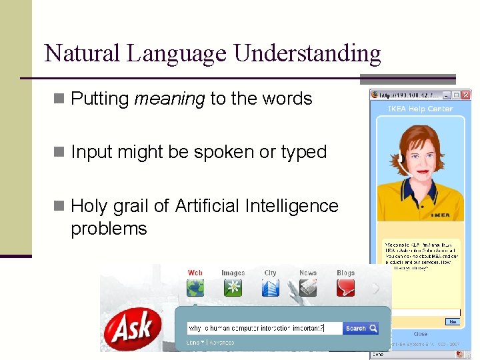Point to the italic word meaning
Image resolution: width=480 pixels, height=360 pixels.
pos(169,99)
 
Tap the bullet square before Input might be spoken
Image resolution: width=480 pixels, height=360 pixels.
pos(59,152)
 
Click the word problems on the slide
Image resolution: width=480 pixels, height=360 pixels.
pos(109,229)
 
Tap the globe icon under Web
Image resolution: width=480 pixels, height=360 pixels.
pos(195,288)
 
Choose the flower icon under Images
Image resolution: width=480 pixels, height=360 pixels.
pos(233,288)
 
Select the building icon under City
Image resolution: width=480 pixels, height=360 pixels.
pos(270,288)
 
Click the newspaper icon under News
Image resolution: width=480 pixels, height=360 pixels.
pos(307,288)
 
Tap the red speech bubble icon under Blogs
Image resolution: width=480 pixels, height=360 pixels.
pos(345,288)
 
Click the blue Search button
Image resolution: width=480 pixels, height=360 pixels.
pos(361,328)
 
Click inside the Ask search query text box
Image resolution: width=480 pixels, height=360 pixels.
pos(264,328)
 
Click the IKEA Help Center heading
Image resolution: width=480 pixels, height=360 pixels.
pos(420,109)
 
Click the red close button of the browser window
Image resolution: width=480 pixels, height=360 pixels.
pos(466,95)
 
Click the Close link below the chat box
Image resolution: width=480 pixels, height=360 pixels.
pos(420,334)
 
